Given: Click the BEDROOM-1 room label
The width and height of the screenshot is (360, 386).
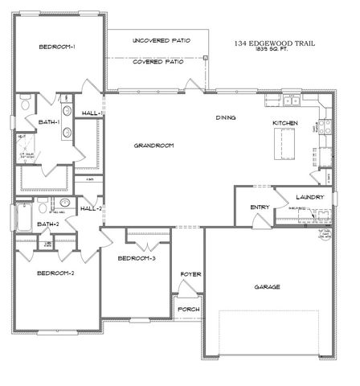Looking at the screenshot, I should click(57, 47).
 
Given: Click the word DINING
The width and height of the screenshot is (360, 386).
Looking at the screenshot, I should click(226, 118).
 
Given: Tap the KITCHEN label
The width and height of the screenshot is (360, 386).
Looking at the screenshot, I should click(285, 122).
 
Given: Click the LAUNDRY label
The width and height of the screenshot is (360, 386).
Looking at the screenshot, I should click(309, 197).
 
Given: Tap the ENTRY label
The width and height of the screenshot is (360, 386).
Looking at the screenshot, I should click(260, 207).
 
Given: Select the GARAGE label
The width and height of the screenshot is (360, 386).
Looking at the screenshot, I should click(268, 286).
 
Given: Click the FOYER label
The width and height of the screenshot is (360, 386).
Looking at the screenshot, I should click(190, 275).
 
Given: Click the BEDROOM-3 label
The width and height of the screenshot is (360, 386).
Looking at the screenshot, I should click(137, 258).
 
